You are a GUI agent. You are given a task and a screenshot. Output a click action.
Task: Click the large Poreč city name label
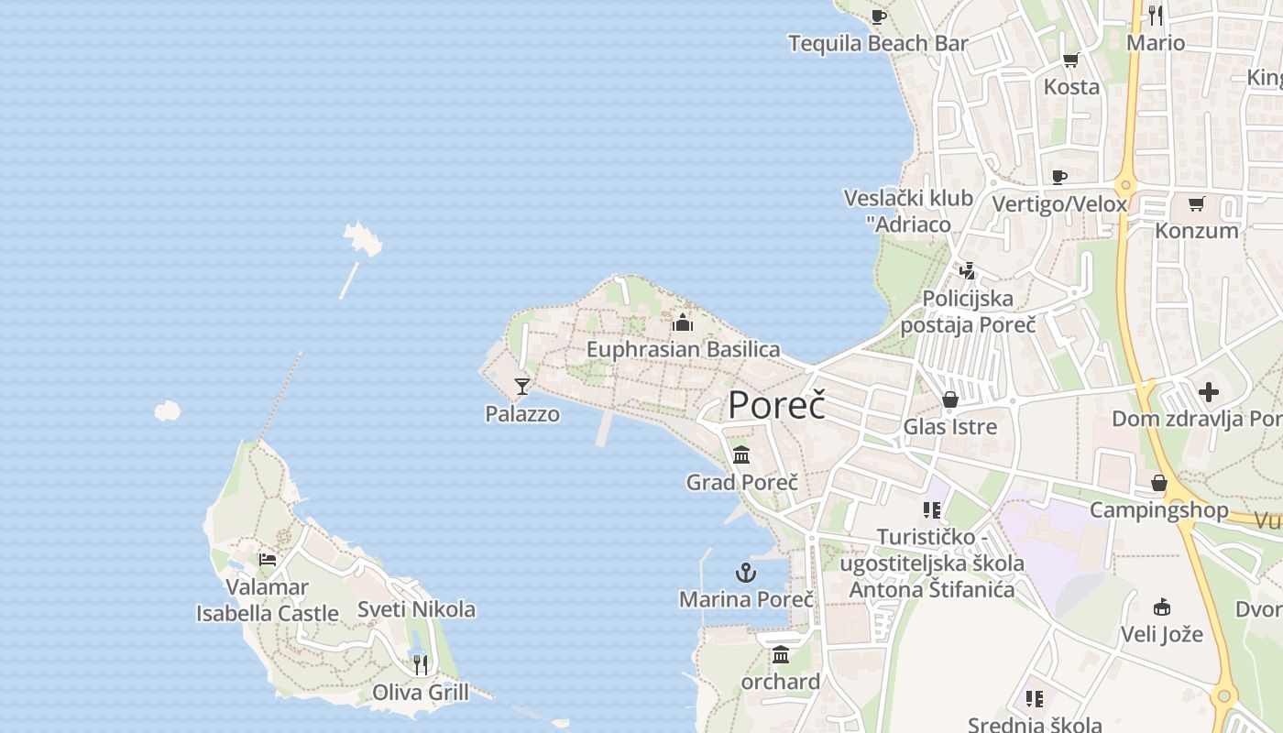pos(776,405)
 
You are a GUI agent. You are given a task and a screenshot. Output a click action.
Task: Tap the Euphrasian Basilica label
pos(683,349)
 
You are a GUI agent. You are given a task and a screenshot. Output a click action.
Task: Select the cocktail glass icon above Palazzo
pos(522,387)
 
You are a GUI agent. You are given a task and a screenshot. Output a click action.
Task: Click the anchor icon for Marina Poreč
pos(746,574)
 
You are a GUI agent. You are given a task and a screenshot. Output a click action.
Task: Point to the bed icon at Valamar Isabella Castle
pos(268,559)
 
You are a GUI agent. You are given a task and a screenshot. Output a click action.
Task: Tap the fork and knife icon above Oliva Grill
pos(421,664)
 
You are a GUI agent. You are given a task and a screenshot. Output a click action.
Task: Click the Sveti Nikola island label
pos(416,609)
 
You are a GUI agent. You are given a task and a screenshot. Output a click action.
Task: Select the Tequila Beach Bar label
pos(879,43)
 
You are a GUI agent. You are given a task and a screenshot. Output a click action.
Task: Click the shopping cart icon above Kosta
pos(1070,60)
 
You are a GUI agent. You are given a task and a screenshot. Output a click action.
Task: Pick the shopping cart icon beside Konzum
pos(1196,204)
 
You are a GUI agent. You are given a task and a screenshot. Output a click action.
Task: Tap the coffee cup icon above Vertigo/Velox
pos(1059,177)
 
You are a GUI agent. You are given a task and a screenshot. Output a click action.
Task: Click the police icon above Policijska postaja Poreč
pos(967,271)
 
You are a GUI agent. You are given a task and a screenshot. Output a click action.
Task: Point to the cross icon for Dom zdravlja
pos(1209,393)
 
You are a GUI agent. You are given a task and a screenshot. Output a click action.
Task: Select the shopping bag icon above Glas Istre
pos(950,400)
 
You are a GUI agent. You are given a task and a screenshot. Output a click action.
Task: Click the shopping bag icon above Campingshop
pos(1159,483)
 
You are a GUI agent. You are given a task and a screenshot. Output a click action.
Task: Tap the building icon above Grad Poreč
pos(741,454)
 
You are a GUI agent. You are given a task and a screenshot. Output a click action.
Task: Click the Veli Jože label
pos(1162,633)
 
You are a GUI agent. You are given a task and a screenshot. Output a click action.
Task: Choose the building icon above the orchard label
pos(781,654)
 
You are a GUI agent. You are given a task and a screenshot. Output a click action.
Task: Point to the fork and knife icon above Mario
pos(1156,16)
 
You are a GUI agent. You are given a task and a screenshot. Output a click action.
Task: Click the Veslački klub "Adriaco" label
pos(908,211)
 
